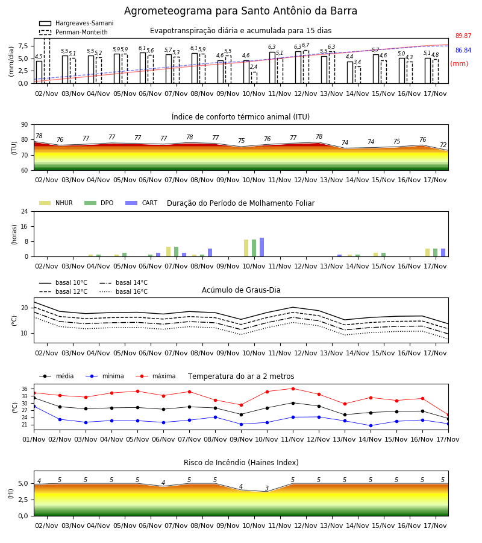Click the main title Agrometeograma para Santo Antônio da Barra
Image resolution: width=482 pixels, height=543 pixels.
click(240, 11)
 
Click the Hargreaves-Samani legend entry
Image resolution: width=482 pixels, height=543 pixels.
click(77, 23)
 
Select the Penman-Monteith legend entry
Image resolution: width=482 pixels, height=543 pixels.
click(74, 32)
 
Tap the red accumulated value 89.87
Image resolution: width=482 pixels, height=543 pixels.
click(463, 36)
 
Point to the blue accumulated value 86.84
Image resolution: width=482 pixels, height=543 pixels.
click(463, 50)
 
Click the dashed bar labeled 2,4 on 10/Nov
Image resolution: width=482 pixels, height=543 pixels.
click(254, 78)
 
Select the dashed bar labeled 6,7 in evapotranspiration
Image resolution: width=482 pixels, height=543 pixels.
click(306, 67)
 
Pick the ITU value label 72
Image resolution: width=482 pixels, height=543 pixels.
click(443, 145)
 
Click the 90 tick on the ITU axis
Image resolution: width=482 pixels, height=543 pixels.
click(25, 125)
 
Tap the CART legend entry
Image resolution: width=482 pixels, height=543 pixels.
click(142, 203)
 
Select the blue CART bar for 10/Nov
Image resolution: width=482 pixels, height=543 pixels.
click(261, 247)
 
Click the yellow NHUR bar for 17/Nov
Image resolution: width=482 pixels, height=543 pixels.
click(427, 252)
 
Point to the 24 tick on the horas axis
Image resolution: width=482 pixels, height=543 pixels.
click(25, 211)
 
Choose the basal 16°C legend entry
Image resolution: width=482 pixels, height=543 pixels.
click(124, 291)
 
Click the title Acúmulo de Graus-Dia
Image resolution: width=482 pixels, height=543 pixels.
click(241, 290)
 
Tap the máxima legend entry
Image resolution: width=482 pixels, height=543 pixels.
click(155, 376)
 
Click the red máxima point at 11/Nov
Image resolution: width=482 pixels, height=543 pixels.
click(293, 389)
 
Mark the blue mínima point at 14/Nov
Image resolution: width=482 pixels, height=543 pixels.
click(371, 425)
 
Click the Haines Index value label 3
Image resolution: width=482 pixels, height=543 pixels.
click(267, 488)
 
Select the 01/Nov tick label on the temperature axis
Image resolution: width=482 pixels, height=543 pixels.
click(34, 439)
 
